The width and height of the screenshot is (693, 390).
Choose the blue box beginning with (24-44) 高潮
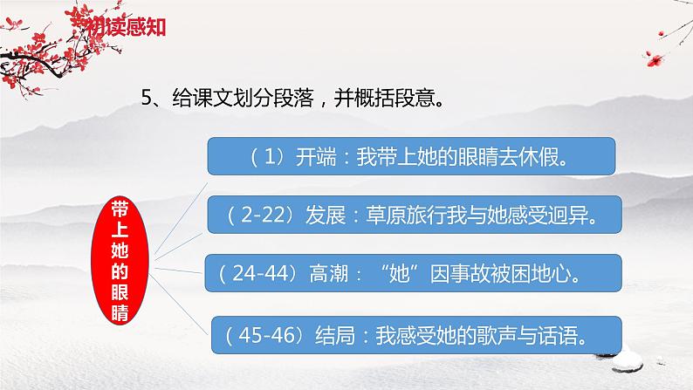point(412,274)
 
